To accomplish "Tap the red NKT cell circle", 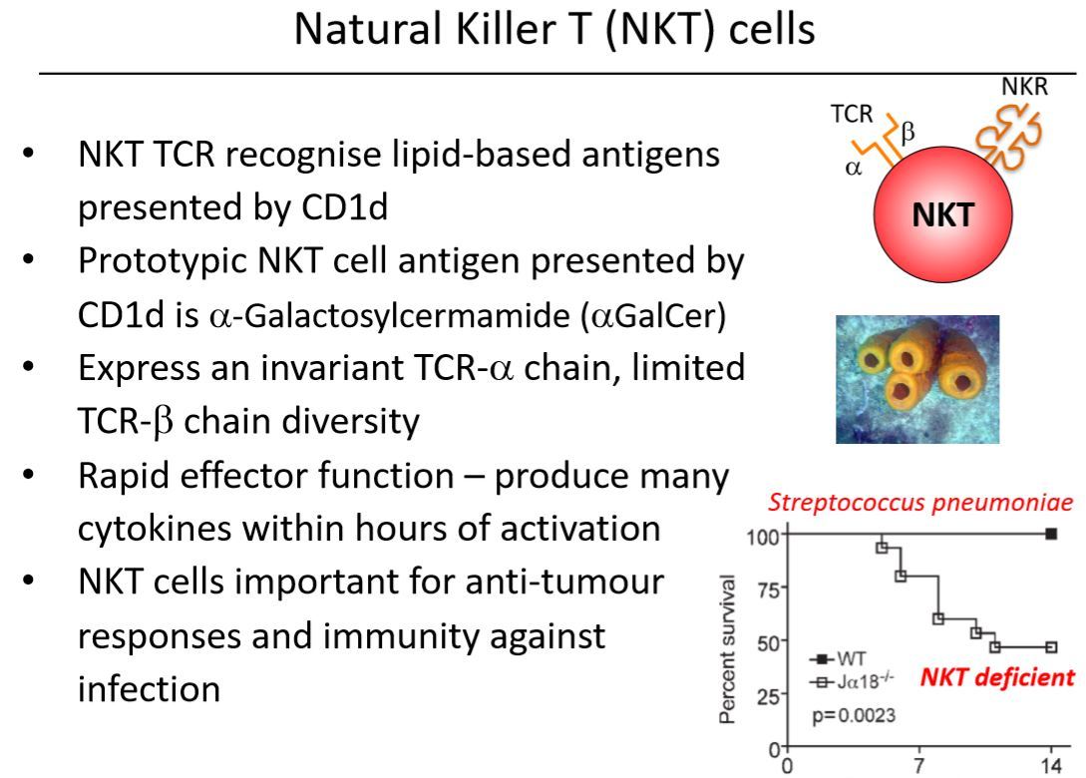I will point(942,210).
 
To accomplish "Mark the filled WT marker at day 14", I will point(1051,534).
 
